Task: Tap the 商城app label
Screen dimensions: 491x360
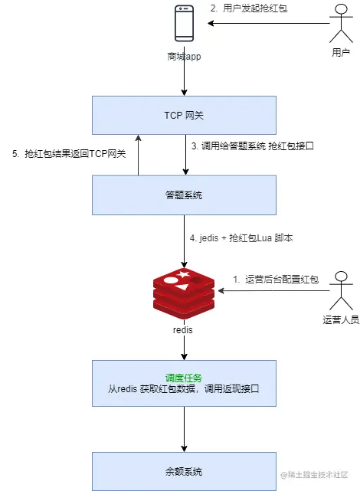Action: [x=184, y=57]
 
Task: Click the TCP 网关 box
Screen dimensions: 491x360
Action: [x=184, y=114]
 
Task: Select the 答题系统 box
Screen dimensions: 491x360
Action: [x=184, y=195]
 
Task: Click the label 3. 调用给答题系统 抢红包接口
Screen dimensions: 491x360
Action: [x=252, y=146]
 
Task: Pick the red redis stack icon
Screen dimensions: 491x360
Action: [x=184, y=290]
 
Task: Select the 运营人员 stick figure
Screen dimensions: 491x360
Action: [x=341, y=290]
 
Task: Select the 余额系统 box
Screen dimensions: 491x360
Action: [x=184, y=471]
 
